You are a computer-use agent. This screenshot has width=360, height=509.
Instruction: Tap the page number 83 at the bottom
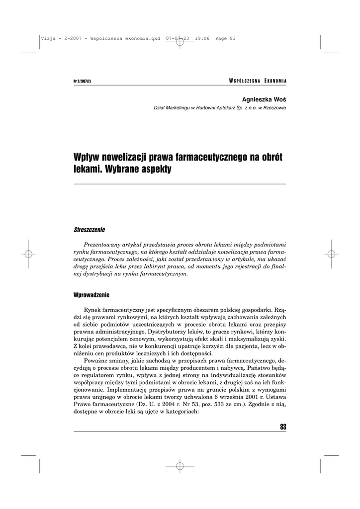[283, 426]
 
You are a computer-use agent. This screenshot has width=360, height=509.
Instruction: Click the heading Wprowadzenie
[91, 295]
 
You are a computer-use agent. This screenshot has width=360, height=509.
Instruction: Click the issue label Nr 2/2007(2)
[82, 82]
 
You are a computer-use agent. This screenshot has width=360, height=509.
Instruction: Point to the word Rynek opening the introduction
[94, 309]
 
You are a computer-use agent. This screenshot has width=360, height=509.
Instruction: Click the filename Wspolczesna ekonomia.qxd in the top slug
[126, 39]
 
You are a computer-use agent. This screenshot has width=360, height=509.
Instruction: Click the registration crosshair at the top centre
[180, 43]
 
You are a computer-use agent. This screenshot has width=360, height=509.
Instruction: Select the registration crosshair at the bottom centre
[180, 466]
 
